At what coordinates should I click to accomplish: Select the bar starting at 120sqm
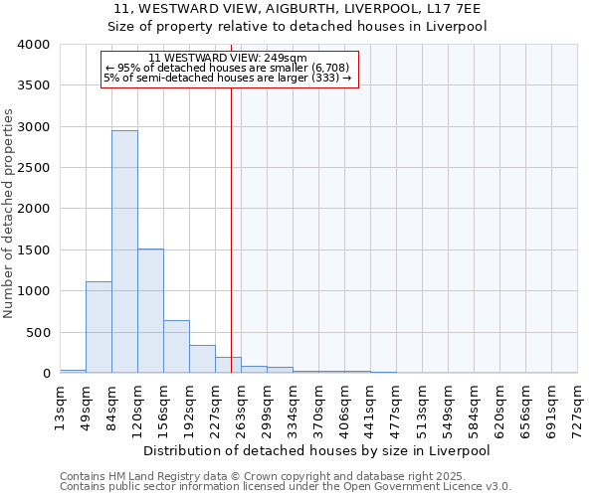tap(150, 310)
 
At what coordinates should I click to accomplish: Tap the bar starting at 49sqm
tap(99, 327)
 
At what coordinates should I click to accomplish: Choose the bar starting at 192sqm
tap(202, 359)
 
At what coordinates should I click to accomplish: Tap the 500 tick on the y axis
tap(37, 332)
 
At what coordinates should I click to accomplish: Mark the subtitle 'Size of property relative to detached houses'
tap(298, 27)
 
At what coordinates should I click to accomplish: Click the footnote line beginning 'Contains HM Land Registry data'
tap(285, 476)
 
